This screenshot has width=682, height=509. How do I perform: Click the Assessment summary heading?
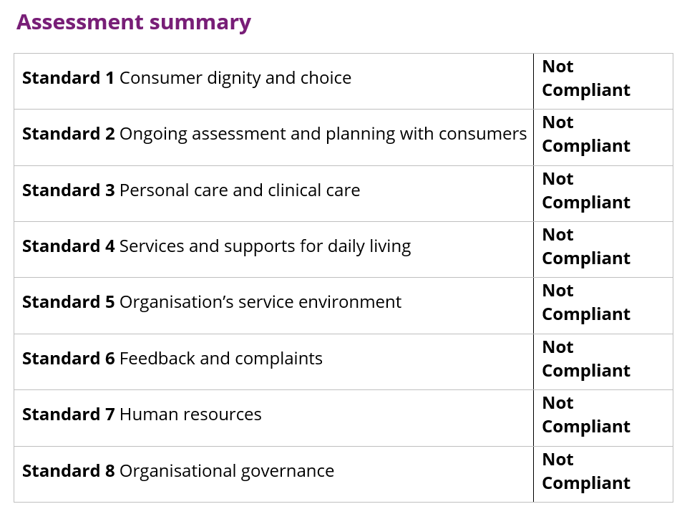tap(134, 22)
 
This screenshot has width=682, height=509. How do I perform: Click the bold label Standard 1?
tap(68, 78)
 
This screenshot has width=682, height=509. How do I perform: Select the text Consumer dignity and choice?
tap(235, 78)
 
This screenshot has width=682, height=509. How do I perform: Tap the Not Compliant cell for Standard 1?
tap(585, 79)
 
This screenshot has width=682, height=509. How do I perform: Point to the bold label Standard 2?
tap(68, 134)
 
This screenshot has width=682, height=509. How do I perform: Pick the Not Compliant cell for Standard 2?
tap(585, 135)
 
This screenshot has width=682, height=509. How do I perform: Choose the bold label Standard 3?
tap(68, 190)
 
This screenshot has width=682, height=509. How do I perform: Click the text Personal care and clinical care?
tap(240, 190)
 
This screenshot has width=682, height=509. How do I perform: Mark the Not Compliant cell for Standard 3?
tap(585, 190)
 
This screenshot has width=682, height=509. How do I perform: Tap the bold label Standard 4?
tap(68, 246)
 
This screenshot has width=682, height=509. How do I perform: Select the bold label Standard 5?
tap(68, 302)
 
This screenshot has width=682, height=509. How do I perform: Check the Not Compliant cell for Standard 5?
tap(585, 303)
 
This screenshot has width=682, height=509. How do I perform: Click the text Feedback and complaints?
tap(221, 359)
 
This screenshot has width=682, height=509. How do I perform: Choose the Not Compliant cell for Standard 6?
tap(585, 359)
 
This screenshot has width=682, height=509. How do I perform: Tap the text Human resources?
tap(190, 415)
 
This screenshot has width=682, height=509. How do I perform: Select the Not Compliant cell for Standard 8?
tap(585, 471)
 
